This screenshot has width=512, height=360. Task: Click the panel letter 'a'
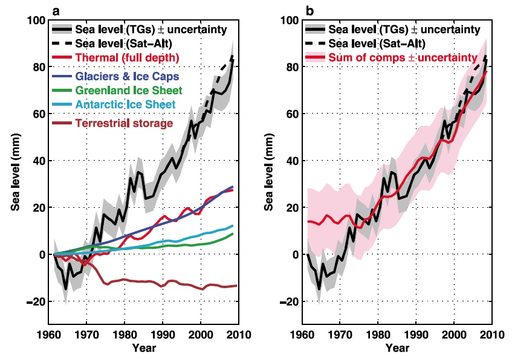click(x=56, y=10)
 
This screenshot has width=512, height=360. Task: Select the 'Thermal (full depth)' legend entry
click(x=117, y=58)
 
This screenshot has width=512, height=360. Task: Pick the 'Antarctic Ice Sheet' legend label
click(x=125, y=106)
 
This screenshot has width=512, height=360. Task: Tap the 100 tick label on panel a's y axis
click(x=39, y=21)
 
